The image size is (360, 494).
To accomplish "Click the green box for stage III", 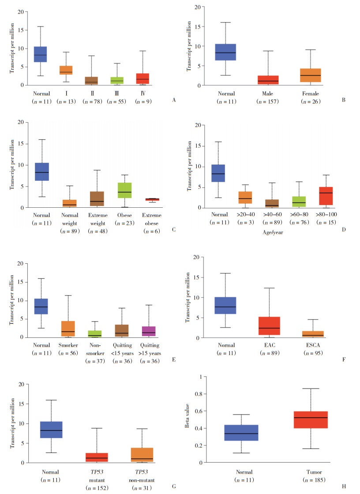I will click(x=116, y=80).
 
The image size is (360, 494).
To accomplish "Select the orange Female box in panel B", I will click(x=310, y=75).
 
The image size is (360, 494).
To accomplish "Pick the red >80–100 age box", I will click(x=326, y=196).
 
